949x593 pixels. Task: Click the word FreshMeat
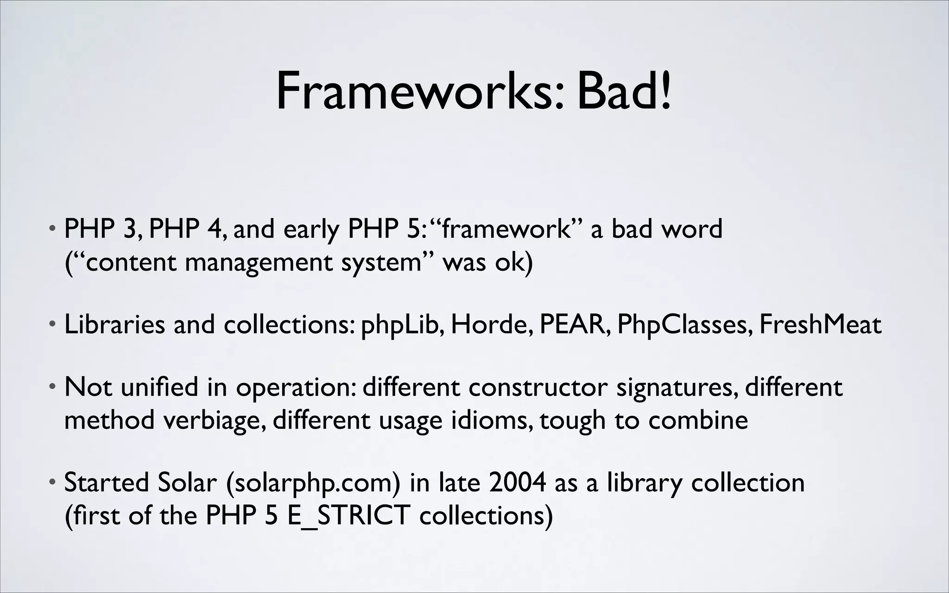click(820, 325)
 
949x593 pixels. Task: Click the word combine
click(698, 420)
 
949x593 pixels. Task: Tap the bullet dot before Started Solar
click(54, 482)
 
